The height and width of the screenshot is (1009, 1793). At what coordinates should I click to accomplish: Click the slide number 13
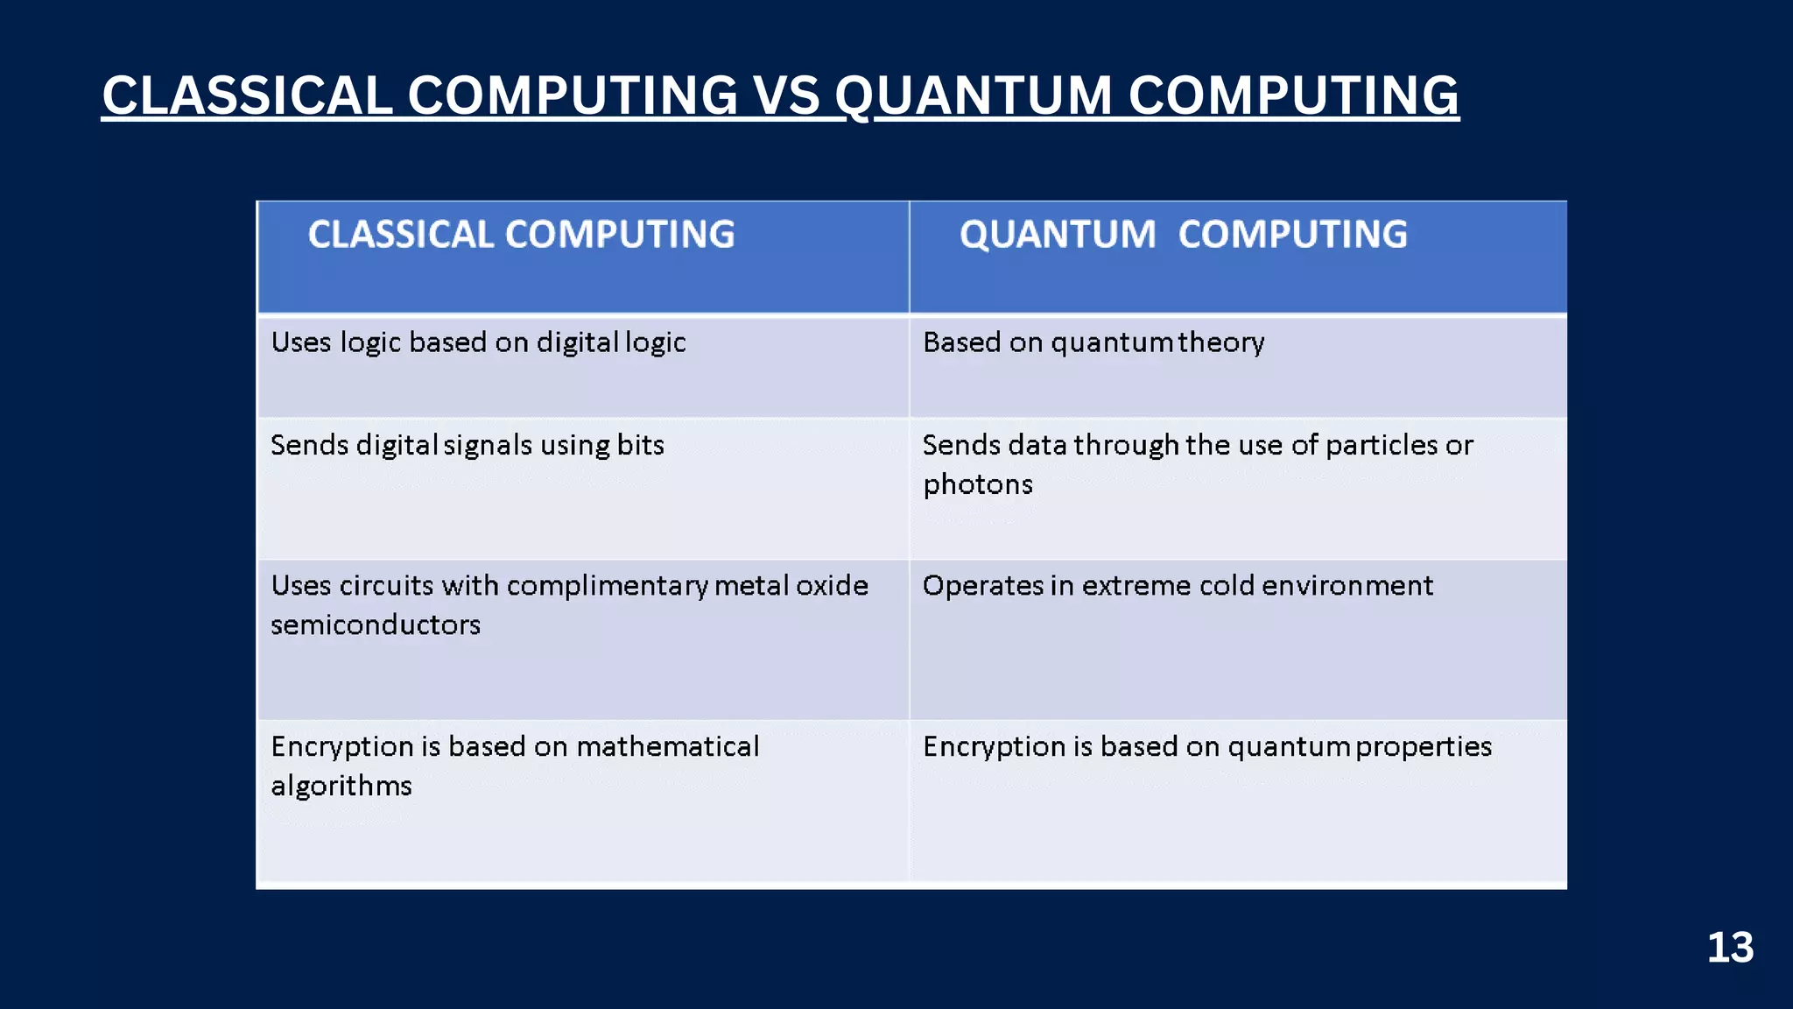tap(1730, 948)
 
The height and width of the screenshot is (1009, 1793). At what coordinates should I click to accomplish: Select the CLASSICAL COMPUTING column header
tap(521, 235)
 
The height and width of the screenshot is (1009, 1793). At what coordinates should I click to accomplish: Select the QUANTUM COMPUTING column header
tap(1183, 235)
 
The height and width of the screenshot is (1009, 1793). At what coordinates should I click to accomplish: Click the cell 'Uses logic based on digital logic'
tap(478, 342)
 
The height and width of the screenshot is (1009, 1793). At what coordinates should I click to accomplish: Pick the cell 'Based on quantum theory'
tap(1093, 342)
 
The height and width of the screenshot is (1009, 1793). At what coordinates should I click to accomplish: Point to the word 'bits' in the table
tap(640, 445)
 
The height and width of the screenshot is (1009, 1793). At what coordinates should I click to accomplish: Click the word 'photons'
tap(978, 484)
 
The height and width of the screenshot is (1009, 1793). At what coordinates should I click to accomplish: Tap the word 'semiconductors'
tap(376, 624)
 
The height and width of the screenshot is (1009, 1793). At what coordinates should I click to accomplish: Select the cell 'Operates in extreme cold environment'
tap(1178, 585)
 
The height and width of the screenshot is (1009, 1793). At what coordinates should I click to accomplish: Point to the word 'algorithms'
tap(341, 786)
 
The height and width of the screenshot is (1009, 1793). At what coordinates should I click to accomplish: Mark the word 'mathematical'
tap(667, 746)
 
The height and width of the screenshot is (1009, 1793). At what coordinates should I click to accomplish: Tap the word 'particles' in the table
tap(1381, 445)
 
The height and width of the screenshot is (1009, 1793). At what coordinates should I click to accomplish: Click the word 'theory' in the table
tap(1221, 342)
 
